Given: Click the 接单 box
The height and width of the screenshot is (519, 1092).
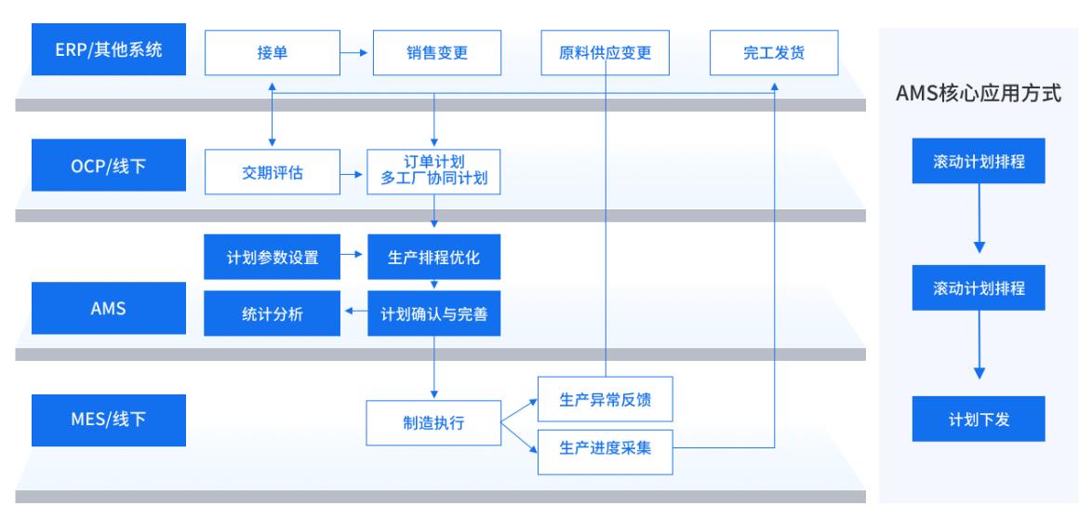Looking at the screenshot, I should click(271, 53).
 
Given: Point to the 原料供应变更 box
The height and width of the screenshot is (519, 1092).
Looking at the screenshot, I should click(606, 53).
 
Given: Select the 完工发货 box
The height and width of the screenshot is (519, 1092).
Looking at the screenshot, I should click(774, 53).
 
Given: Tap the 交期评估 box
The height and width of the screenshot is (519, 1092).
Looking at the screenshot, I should click(271, 173).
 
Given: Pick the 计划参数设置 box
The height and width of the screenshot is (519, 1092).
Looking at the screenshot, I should click(271, 257).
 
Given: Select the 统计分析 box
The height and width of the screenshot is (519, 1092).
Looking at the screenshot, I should click(271, 314).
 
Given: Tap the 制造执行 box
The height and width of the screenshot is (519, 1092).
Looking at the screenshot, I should click(433, 423).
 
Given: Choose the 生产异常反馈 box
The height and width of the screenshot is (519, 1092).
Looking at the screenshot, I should click(605, 400).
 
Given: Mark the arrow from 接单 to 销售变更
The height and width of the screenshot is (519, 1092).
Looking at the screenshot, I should click(353, 53).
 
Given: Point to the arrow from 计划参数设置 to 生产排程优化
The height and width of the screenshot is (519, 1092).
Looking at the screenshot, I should click(353, 257).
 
